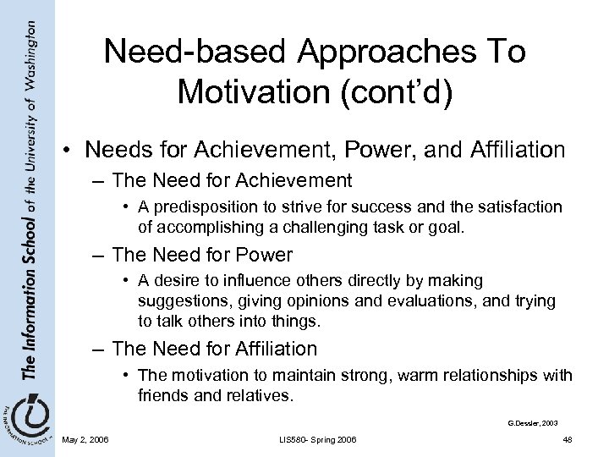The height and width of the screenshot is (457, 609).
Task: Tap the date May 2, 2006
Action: pyautogui.click(x=86, y=438)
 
